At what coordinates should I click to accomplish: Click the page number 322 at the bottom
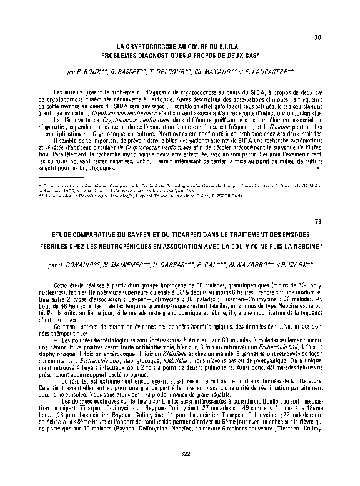coord(184,453)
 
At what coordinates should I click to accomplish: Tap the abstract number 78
coord(317,40)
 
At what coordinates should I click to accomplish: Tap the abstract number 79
coord(317,222)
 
